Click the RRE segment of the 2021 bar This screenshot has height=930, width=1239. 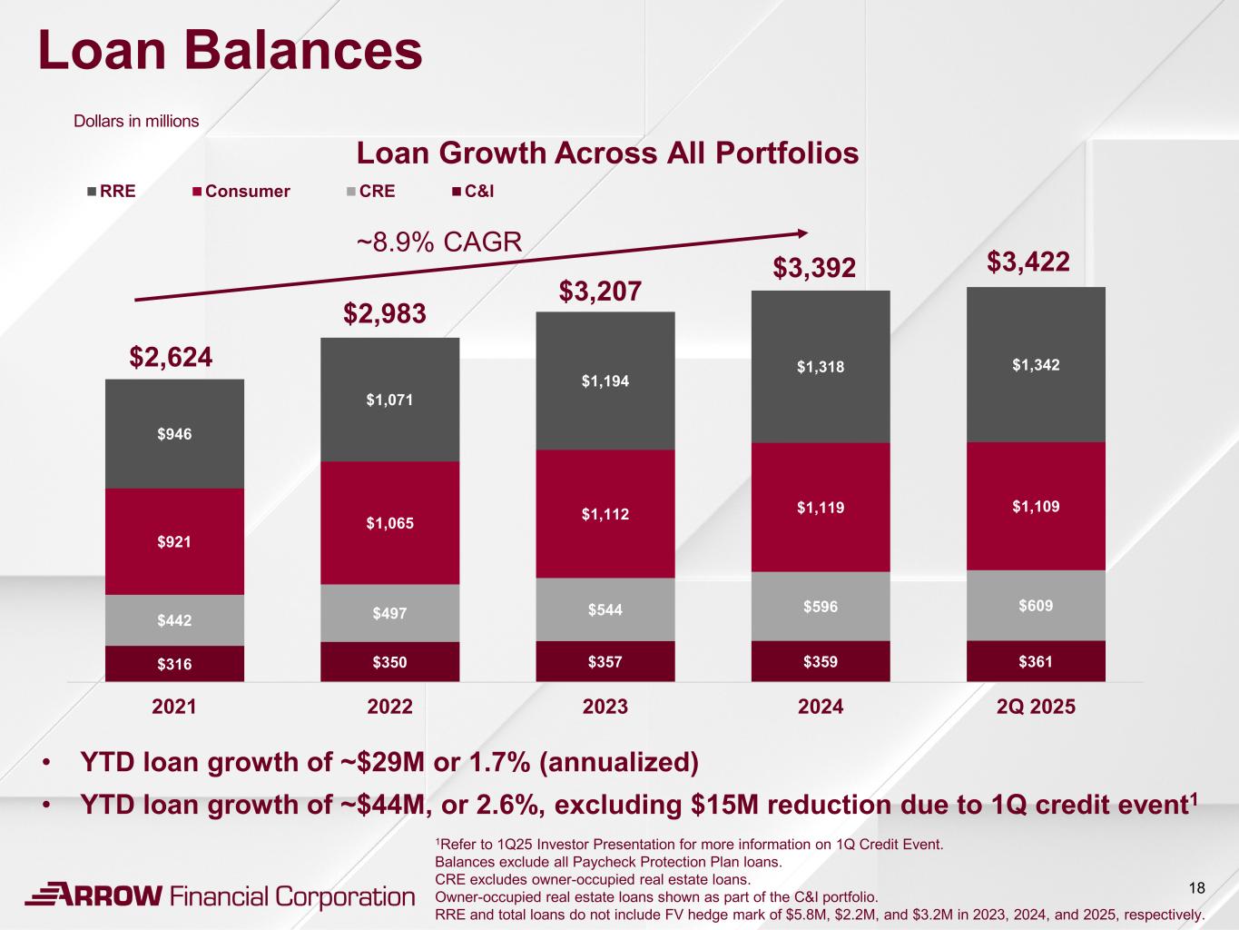[x=174, y=434]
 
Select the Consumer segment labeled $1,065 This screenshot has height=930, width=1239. [x=389, y=522]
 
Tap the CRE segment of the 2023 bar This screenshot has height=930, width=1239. [x=605, y=609]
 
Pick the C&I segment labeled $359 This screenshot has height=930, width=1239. [x=821, y=662]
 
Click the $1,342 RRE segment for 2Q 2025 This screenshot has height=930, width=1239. [x=1036, y=365]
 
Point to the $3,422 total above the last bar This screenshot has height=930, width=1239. [x=1028, y=262]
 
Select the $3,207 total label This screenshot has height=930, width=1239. [x=600, y=292]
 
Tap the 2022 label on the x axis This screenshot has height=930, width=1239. [x=390, y=707]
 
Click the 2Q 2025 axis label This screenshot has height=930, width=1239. [x=1036, y=707]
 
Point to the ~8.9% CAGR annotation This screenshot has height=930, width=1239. [x=438, y=242]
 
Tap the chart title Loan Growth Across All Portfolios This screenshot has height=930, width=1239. [x=607, y=153]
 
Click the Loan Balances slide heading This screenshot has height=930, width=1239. [x=231, y=50]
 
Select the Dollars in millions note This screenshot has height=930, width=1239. [x=136, y=121]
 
